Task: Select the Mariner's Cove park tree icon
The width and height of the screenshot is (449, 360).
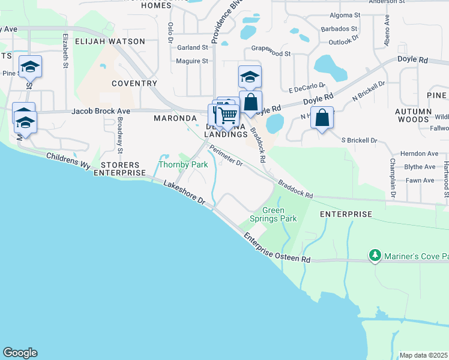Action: [375, 256]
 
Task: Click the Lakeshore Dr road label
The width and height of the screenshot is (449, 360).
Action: [184, 193]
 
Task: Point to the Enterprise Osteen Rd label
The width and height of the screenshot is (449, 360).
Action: [277, 248]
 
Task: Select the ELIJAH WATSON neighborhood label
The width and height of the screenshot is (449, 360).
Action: [110, 41]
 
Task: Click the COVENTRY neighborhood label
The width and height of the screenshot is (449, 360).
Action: [134, 83]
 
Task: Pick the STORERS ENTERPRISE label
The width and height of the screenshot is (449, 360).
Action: [124, 168]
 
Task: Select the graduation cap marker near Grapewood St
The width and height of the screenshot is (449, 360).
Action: [250, 76]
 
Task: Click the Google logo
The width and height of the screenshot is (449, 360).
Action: [20, 353]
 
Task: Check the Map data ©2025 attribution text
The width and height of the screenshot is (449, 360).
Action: [424, 355]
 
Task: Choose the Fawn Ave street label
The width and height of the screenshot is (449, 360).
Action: [420, 180]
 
